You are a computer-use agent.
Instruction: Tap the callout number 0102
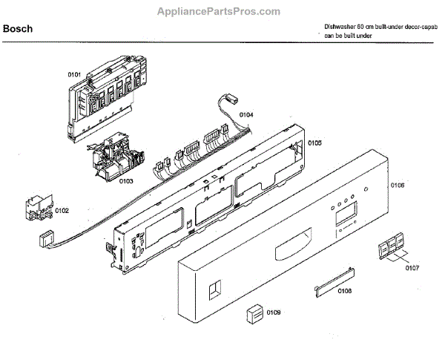coord(61,211)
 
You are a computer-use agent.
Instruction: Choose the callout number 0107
coord(412,268)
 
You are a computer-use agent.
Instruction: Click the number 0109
coord(273,313)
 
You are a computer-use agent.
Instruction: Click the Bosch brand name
coord(17,30)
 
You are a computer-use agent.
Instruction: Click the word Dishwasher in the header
coord(339,26)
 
